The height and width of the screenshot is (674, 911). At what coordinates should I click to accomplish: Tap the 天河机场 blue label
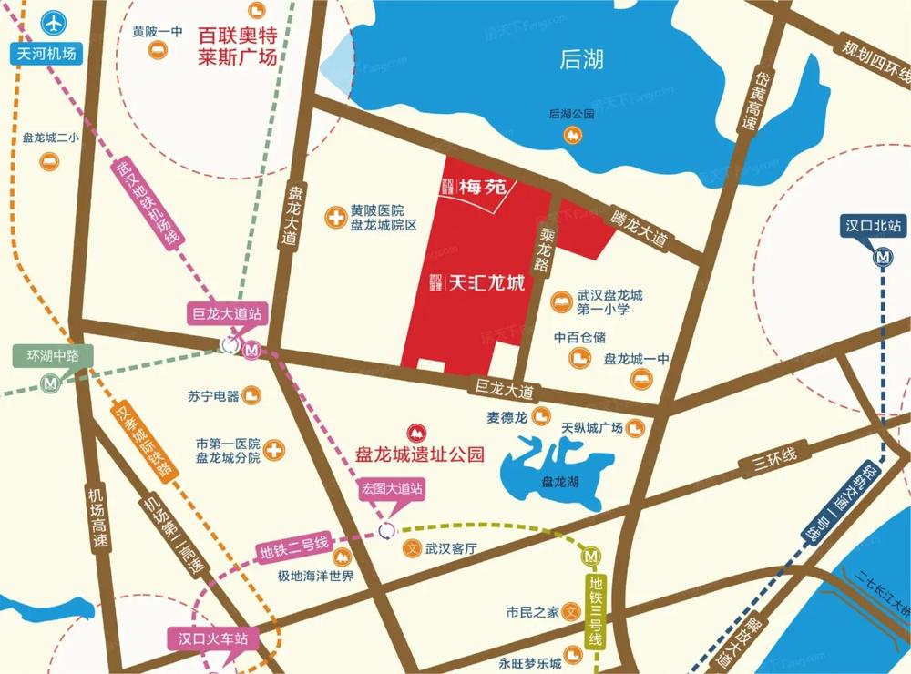tap(47, 54)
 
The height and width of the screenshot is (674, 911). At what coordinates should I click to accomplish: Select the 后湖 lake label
tap(582, 61)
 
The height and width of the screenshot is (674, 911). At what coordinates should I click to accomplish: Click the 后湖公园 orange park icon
tap(573, 136)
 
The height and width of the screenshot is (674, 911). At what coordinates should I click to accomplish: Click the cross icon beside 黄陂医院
tap(336, 217)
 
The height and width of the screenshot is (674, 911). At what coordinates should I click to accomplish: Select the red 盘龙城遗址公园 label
tap(419, 453)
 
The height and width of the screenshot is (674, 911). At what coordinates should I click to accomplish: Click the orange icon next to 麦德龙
tap(541, 416)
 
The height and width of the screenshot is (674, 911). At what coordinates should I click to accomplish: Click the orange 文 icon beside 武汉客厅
tap(411, 549)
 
